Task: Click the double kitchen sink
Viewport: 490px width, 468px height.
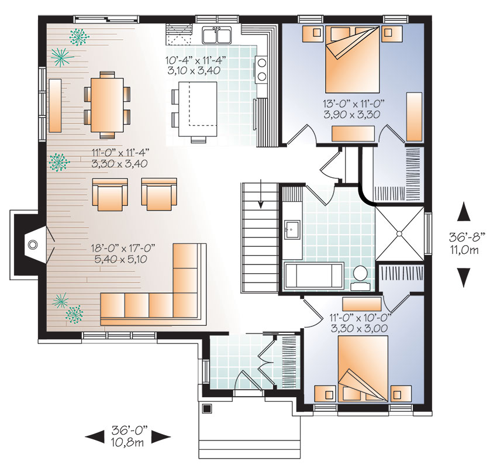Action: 217,35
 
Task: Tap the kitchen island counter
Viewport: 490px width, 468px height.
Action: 198,109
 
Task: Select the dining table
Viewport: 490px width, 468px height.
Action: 107,104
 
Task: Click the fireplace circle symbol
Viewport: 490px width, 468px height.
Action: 33,245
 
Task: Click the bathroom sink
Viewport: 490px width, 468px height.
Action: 292,230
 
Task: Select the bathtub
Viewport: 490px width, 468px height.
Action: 314,275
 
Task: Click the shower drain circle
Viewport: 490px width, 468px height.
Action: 399,233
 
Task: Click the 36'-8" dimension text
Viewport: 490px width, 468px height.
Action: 467,238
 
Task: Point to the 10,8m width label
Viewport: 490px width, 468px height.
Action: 127,442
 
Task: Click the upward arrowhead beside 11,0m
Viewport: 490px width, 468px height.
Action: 464,212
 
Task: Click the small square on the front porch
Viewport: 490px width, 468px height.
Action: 206,408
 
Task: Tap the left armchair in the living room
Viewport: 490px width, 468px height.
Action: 110,194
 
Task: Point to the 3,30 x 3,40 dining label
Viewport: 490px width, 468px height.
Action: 119,163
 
